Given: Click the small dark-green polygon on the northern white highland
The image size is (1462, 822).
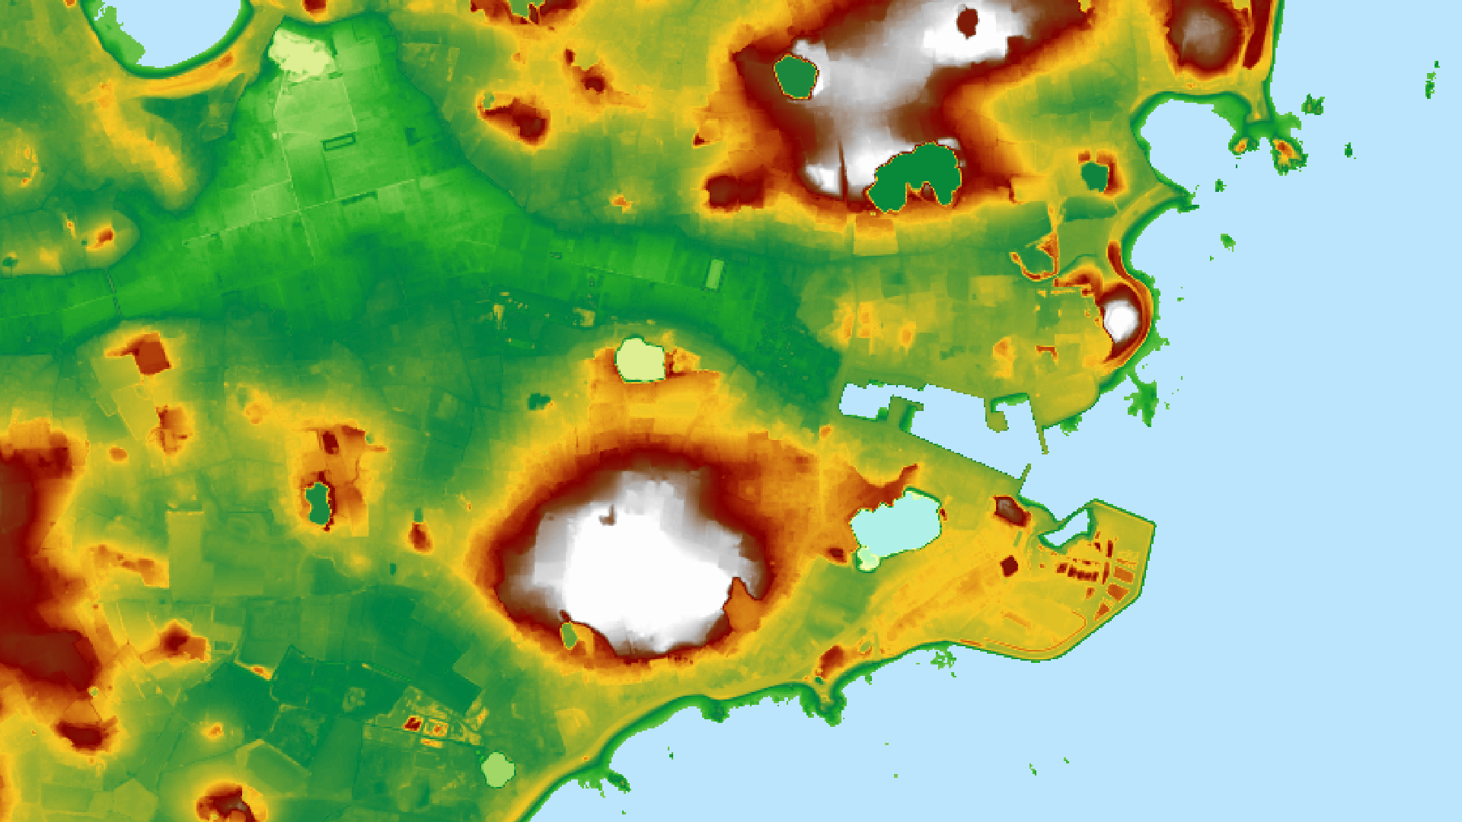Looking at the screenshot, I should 796,77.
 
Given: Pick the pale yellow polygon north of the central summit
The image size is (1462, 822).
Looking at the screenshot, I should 640,360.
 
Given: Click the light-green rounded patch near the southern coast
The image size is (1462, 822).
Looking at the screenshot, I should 498,769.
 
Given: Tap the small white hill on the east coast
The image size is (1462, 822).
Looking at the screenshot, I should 1120,318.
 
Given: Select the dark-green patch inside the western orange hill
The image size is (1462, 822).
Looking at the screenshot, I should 318,502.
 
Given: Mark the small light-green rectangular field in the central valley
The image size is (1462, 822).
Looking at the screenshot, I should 714,274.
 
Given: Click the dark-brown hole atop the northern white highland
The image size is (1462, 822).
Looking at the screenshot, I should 968,21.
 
